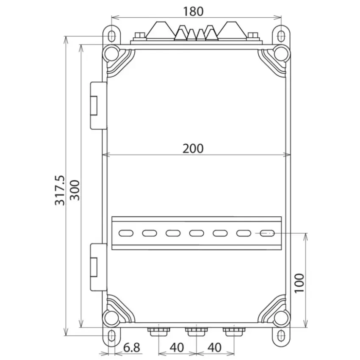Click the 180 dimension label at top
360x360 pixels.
pyautogui.click(x=193, y=11)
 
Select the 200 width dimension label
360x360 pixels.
pyautogui.click(x=193, y=149)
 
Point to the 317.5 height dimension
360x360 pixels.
pyautogui.click(x=60, y=191)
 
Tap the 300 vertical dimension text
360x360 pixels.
pyautogui.click(x=75, y=190)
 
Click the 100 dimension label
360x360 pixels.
pyautogui.click(x=299, y=283)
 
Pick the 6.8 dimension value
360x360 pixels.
pyautogui.click(x=132, y=347)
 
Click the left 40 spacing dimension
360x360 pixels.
pyautogui.click(x=177, y=347)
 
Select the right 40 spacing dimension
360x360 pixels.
pyautogui.click(x=214, y=347)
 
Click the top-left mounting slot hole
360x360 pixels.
pyautogui.click(x=112, y=36)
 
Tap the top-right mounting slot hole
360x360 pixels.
pyautogui.click(x=281, y=36)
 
